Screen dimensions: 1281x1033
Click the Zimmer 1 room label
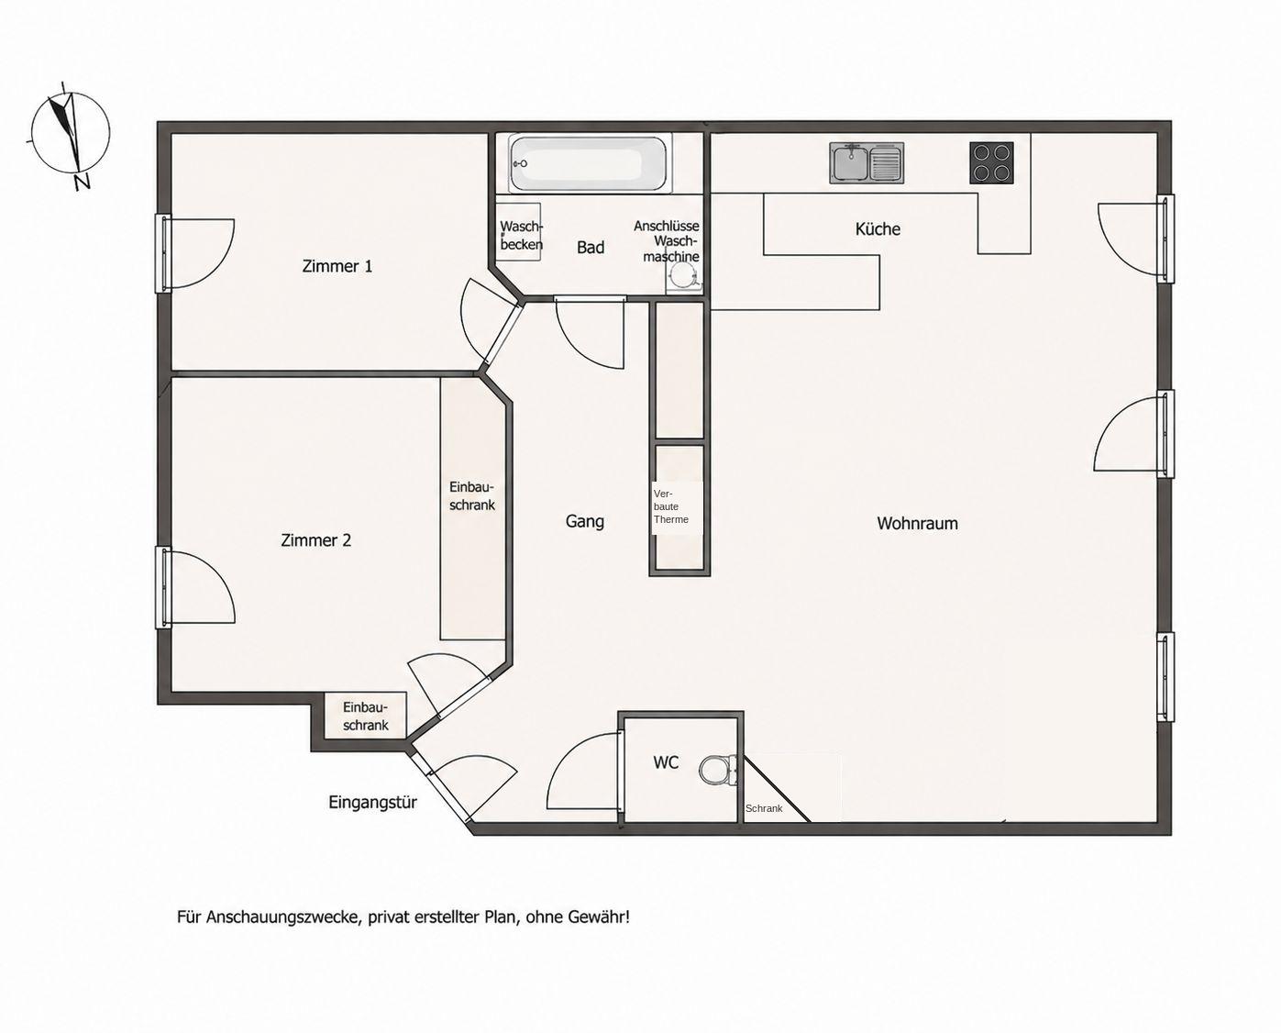click(x=337, y=266)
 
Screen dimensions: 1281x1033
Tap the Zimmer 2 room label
click(x=315, y=540)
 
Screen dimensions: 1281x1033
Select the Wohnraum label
click(x=917, y=524)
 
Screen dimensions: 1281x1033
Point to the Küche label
click(x=878, y=228)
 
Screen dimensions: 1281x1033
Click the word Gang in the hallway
click(x=584, y=522)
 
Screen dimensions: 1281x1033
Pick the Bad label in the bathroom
click(x=591, y=247)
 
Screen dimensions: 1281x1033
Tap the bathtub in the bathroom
click(x=591, y=162)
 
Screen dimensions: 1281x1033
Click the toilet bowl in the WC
click(x=718, y=771)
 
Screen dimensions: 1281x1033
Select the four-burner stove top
click(x=992, y=162)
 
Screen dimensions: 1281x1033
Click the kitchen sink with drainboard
click(x=867, y=162)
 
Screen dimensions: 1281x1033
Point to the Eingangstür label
click(x=372, y=803)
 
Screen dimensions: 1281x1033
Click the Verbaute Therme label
click(x=671, y=507)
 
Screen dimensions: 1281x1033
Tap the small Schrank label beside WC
click(x=764, y=808)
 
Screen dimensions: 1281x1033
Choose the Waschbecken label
click(x=522, y=235)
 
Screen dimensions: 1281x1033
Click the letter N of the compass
click(x=83, y=182)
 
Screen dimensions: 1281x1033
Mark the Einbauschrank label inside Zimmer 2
click(x=472, y=495)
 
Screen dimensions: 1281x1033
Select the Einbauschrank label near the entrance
click(x=366, y=716)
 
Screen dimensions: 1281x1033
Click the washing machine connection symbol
click(x=682, y=276)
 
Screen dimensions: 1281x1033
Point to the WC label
click(x=666, y=762)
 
